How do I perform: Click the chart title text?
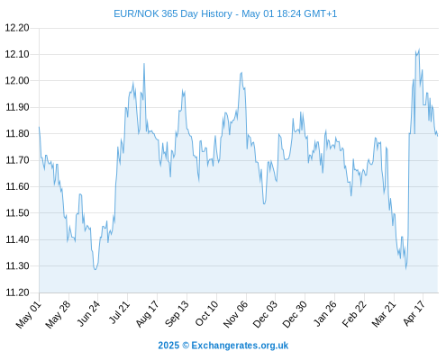click(x=225, y=13)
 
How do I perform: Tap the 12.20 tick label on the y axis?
click(x=17, y=28)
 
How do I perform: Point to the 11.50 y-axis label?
click(x=17, y=213)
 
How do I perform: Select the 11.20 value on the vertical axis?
click(x=17, y=292)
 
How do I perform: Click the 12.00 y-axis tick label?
click(x=17, y=81)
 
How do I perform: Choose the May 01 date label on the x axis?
click(x=28, y=315)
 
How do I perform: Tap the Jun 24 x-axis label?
click(x=88, y=314)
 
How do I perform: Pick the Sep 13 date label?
click(x=177, y=314)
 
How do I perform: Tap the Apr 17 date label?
click(x=414, y=314)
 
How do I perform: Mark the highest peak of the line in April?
click(x=419, y=49)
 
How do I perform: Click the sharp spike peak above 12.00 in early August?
click(x=144, y=63)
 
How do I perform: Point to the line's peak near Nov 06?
click(x=241, y=72)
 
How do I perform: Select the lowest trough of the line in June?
click(x=96, y=269)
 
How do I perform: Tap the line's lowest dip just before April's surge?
click(x=405, y=268)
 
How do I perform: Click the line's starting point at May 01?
click(x=39, y=127)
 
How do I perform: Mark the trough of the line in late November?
click(x=264, y=204)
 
